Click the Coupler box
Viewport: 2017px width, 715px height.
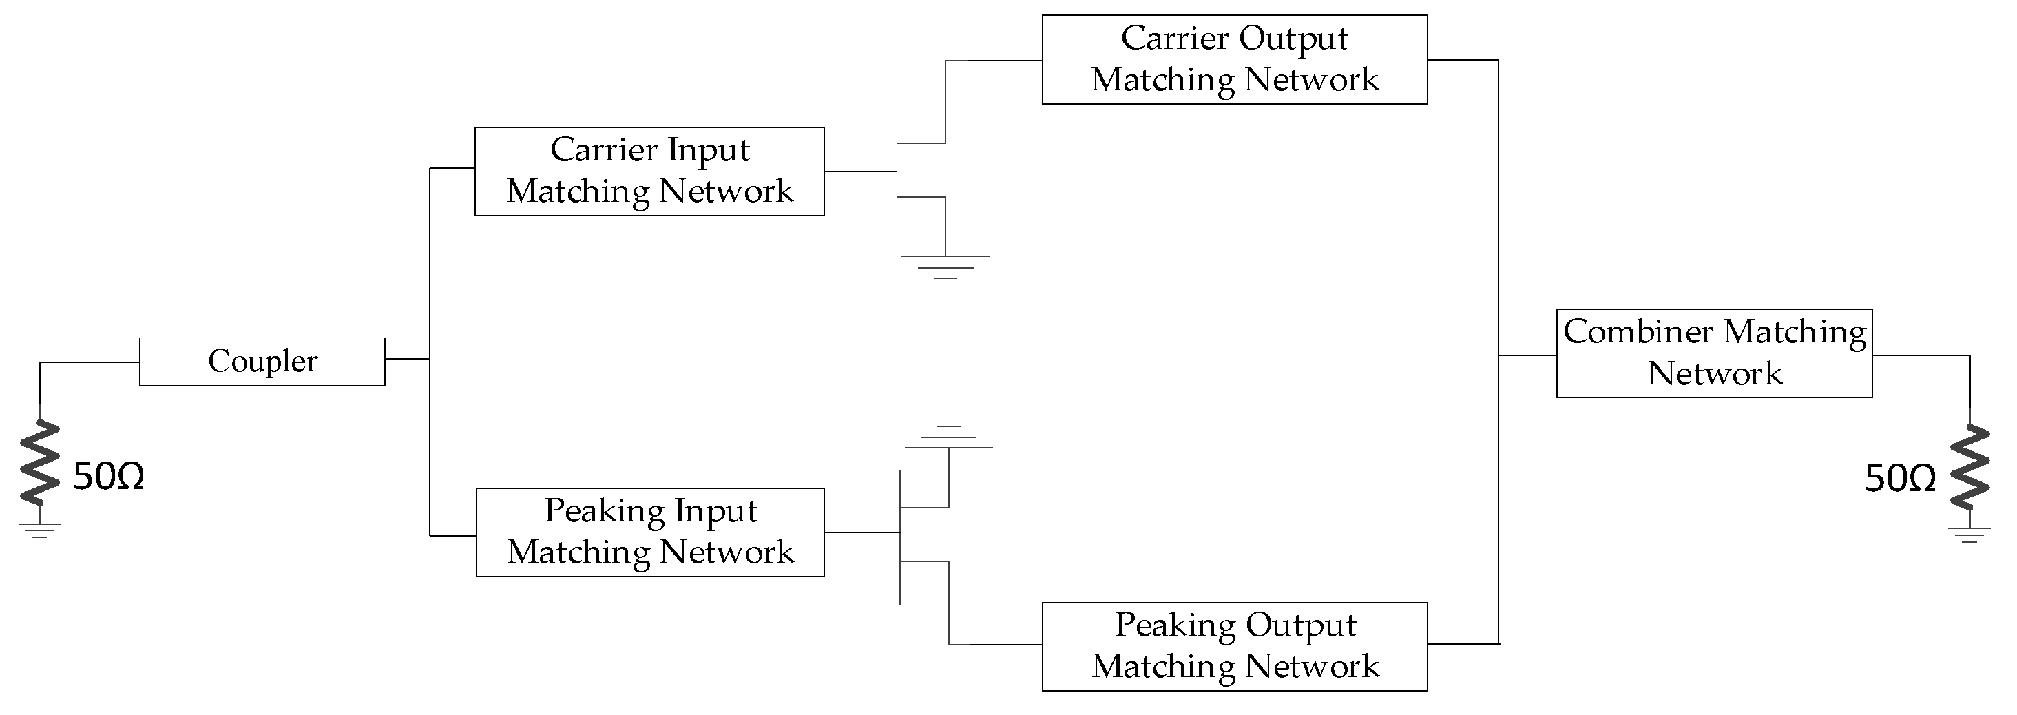pyautogui.click(x=262, y=361)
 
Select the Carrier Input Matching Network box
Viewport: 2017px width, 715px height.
pyautogui.click(x=649, y=171)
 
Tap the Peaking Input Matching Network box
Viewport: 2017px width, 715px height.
pyautogui.click(x=650, y=532)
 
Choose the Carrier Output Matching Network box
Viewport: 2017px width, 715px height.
pyautogui.click(x=1234, y=59)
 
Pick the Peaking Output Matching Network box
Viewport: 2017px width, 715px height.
pyautogui.click(x=1235, y=646)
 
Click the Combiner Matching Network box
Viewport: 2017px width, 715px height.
pyautogui.click(x=1714, y=353)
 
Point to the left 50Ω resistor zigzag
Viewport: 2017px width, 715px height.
pyautogui.click(x=40, y=462)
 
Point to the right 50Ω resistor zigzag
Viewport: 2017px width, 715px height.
pyautogui.click(x=1969, y=467)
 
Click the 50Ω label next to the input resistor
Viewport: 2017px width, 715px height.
pyautogui.click(x=109, y=477)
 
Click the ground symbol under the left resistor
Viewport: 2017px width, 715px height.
pyautogui.click(x=40, y=530)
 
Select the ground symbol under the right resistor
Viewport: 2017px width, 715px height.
pyautogui.click(x=1969, y=535)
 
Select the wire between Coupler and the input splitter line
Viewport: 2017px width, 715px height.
pyautogui.click(x=407, y=359)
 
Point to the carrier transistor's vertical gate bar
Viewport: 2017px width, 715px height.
pyautogui.click(x=897, y=167)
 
